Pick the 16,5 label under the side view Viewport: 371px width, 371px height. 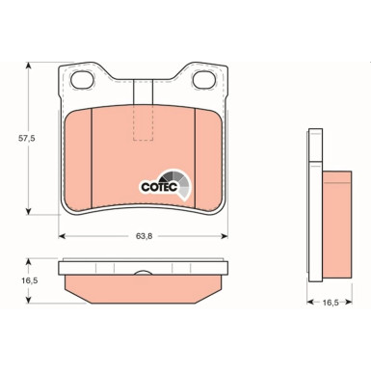[329, 302]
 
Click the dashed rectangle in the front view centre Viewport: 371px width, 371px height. [144, 120]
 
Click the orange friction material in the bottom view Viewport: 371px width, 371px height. [144, 286]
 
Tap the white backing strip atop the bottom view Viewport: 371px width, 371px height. [144, 267]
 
